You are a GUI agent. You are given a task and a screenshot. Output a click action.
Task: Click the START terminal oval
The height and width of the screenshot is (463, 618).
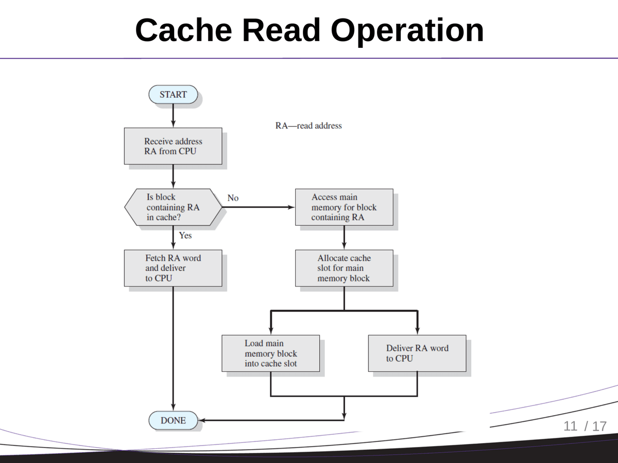coord(173,95)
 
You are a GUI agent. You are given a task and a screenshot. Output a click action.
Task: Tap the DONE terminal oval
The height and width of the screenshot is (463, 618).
coord(173,420)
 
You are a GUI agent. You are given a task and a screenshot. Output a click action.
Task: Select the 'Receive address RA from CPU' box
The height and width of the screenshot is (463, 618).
coord(173,146)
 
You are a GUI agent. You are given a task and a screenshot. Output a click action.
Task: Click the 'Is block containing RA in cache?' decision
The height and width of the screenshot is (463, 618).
coord(173,207)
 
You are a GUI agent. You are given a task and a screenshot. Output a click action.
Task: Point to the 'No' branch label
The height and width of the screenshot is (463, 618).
coord(233,198)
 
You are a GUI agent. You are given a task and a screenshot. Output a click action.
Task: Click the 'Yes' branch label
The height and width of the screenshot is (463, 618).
coord(185,235)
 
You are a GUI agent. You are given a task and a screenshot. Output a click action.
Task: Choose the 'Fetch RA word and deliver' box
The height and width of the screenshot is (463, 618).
coord(173,268)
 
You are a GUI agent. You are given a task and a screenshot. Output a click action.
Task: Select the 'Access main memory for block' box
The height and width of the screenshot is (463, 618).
coord(344,207)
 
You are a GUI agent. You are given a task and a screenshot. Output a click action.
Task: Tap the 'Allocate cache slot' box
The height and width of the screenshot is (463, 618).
coord(344,268)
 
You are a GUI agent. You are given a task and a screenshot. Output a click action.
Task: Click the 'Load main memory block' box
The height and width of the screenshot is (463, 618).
coord(270,353)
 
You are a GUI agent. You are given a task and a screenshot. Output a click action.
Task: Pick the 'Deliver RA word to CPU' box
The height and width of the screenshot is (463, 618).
coord(417,353)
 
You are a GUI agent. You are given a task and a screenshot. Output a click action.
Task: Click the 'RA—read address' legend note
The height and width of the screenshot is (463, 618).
coord(308,126)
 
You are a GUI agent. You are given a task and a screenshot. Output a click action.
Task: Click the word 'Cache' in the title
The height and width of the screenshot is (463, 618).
coord(185,30)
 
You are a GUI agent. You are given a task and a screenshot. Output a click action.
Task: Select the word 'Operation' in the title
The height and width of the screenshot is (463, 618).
coord(407,30)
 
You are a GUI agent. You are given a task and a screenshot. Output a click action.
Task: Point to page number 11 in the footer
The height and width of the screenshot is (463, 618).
coord(571,426)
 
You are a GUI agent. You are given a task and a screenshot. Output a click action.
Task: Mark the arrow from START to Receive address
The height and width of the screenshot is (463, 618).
coord(173,116)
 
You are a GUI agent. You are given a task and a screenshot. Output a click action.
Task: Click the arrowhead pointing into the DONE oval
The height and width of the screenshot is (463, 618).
coord(202,420)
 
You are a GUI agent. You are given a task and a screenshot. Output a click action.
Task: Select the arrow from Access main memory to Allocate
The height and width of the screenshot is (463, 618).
coord(344,238)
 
